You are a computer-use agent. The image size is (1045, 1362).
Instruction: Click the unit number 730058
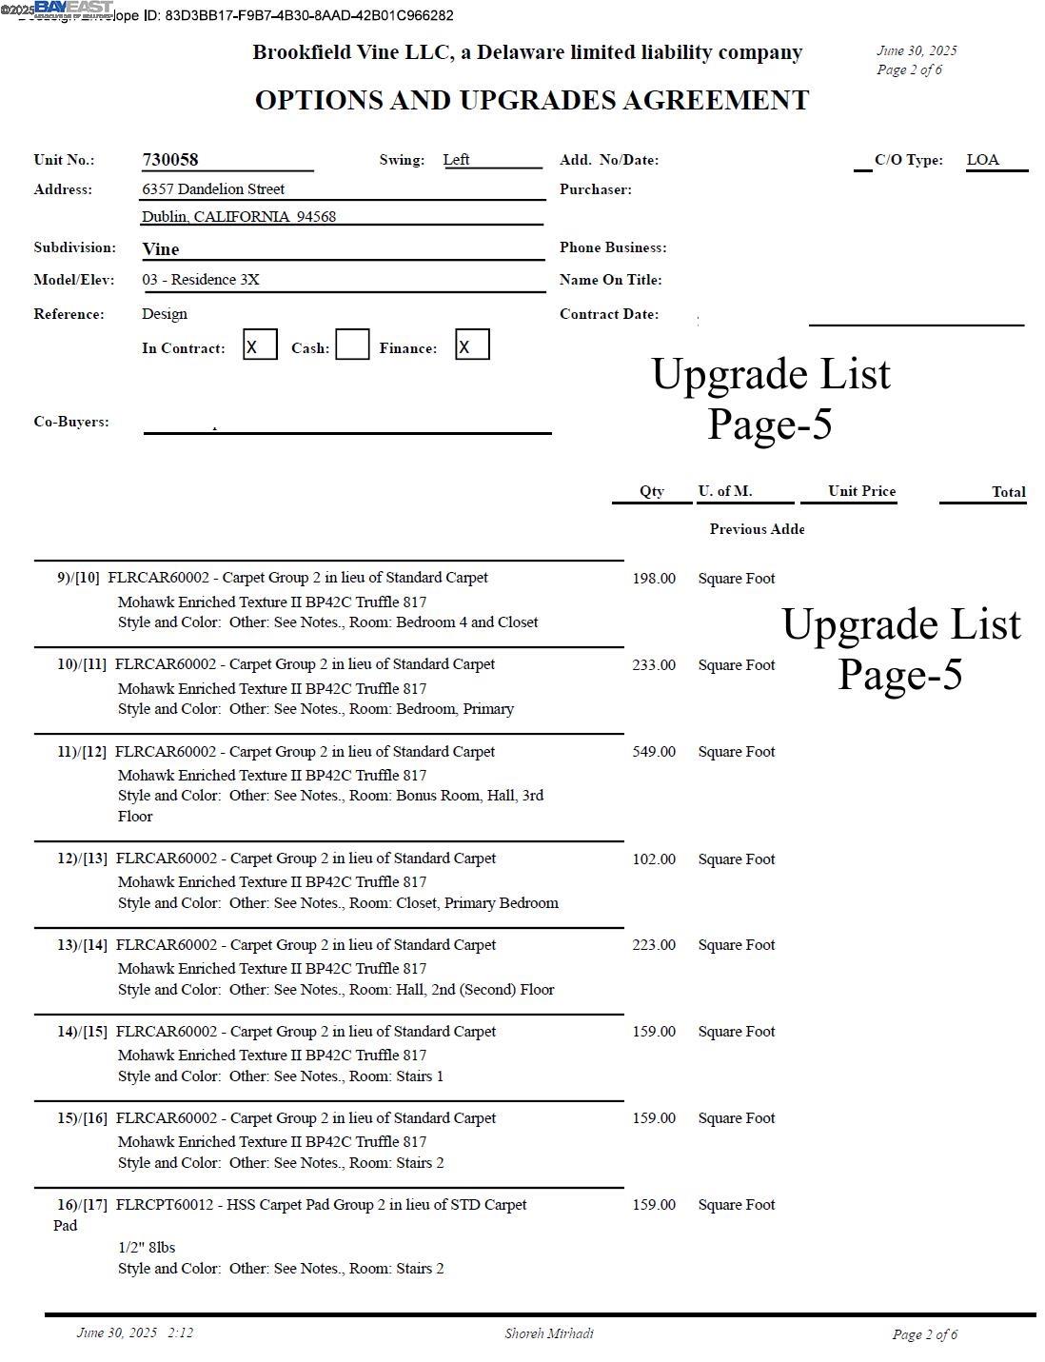coord(170,160)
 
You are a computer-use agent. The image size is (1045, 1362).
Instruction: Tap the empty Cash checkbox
coord(352,345)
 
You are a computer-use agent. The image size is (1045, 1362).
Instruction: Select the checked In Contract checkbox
coord(260,345)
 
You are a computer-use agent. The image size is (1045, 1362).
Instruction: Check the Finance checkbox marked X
coord(472,345)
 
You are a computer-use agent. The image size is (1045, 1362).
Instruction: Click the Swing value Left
coord(456,160)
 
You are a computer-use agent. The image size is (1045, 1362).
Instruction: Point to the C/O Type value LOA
coord(982,160)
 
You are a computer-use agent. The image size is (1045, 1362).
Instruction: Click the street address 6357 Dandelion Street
coord(213,189)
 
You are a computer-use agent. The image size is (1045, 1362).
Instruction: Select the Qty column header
coord(652,491)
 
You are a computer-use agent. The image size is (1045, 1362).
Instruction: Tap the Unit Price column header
coord(861,491)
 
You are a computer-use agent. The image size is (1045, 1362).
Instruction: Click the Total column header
coord(1008,492)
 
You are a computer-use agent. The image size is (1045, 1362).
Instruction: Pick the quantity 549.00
coord(654,752)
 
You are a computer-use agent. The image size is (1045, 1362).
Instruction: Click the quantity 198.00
coord(654,579)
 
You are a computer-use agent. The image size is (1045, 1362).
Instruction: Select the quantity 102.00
coord(654,859)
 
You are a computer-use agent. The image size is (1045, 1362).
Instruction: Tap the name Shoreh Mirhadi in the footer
coord(549,1333)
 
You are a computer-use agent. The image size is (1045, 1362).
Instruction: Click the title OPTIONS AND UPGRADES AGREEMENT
coord(532,101)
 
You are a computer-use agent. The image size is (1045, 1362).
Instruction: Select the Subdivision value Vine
coord(161,249)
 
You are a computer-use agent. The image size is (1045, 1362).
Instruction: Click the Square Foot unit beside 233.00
coord(737,665)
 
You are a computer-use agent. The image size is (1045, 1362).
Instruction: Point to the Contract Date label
coord(609,314)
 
